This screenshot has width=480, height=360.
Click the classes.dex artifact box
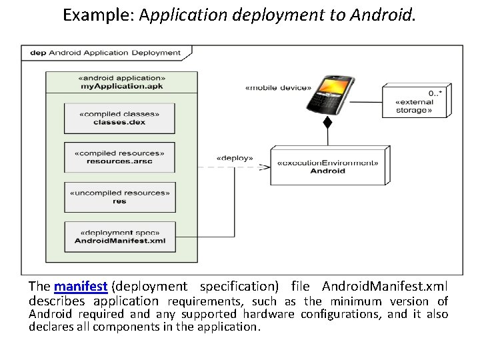(119, 117)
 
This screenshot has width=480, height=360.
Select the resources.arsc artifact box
(119, 157)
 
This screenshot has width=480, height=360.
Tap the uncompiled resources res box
(119, 197)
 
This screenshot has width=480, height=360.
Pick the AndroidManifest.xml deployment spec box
(119, 236)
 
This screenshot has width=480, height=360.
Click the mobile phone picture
(328, 93)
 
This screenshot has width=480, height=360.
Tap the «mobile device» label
(278, 87)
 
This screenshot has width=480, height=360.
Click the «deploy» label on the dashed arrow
(235, 158)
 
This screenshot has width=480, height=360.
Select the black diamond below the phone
(327, 123)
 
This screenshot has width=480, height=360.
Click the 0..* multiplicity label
(435, 93)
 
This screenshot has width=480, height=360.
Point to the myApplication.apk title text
(122, 87)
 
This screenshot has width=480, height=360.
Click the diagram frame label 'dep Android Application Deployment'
(105, 53)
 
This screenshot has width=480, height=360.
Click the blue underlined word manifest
(81, 287)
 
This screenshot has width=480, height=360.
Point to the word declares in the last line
(49, 327)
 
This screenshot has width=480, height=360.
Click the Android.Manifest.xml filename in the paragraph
(385, 287)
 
